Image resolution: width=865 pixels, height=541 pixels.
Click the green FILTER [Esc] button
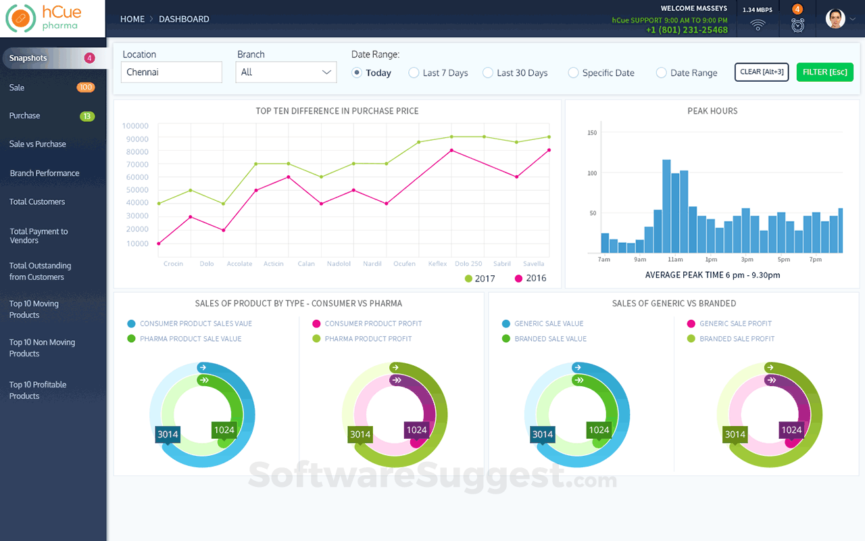pyautogui.click(x=824, y=72)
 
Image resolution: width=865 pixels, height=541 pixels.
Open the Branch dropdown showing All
pyautogui.click(x=286, y=72)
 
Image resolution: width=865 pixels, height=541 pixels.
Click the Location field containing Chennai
pyautogui.click(x=172, y=72)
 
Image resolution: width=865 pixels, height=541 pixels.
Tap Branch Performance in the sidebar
pyautogui.click(x=45, y=173)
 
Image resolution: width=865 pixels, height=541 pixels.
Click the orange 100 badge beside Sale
pyautogui.click(x=86, y=87)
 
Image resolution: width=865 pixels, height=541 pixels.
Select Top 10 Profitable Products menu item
pyautogui.click(x=38, y=390)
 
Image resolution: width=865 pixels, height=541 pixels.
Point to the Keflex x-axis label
pyautogui.click(x=437, y=264)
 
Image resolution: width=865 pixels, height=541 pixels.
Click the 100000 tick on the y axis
pyautogui.click(x=135, y=126)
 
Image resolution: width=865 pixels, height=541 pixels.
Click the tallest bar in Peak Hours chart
pyautogui.click(x=666, y=206)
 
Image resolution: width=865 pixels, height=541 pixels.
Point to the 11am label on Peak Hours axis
pyautogui.click(x=674, y=260)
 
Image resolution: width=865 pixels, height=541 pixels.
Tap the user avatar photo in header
pyautogui.click(x=835, y=19)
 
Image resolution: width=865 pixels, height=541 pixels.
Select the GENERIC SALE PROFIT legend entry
pyautogui.click(x=735, y=324)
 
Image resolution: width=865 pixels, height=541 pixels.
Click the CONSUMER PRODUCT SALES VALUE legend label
pyautogui.click(x=196, y=324)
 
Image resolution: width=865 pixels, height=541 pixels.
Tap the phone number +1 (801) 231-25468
pyautogui.click(x=687, y=30)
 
